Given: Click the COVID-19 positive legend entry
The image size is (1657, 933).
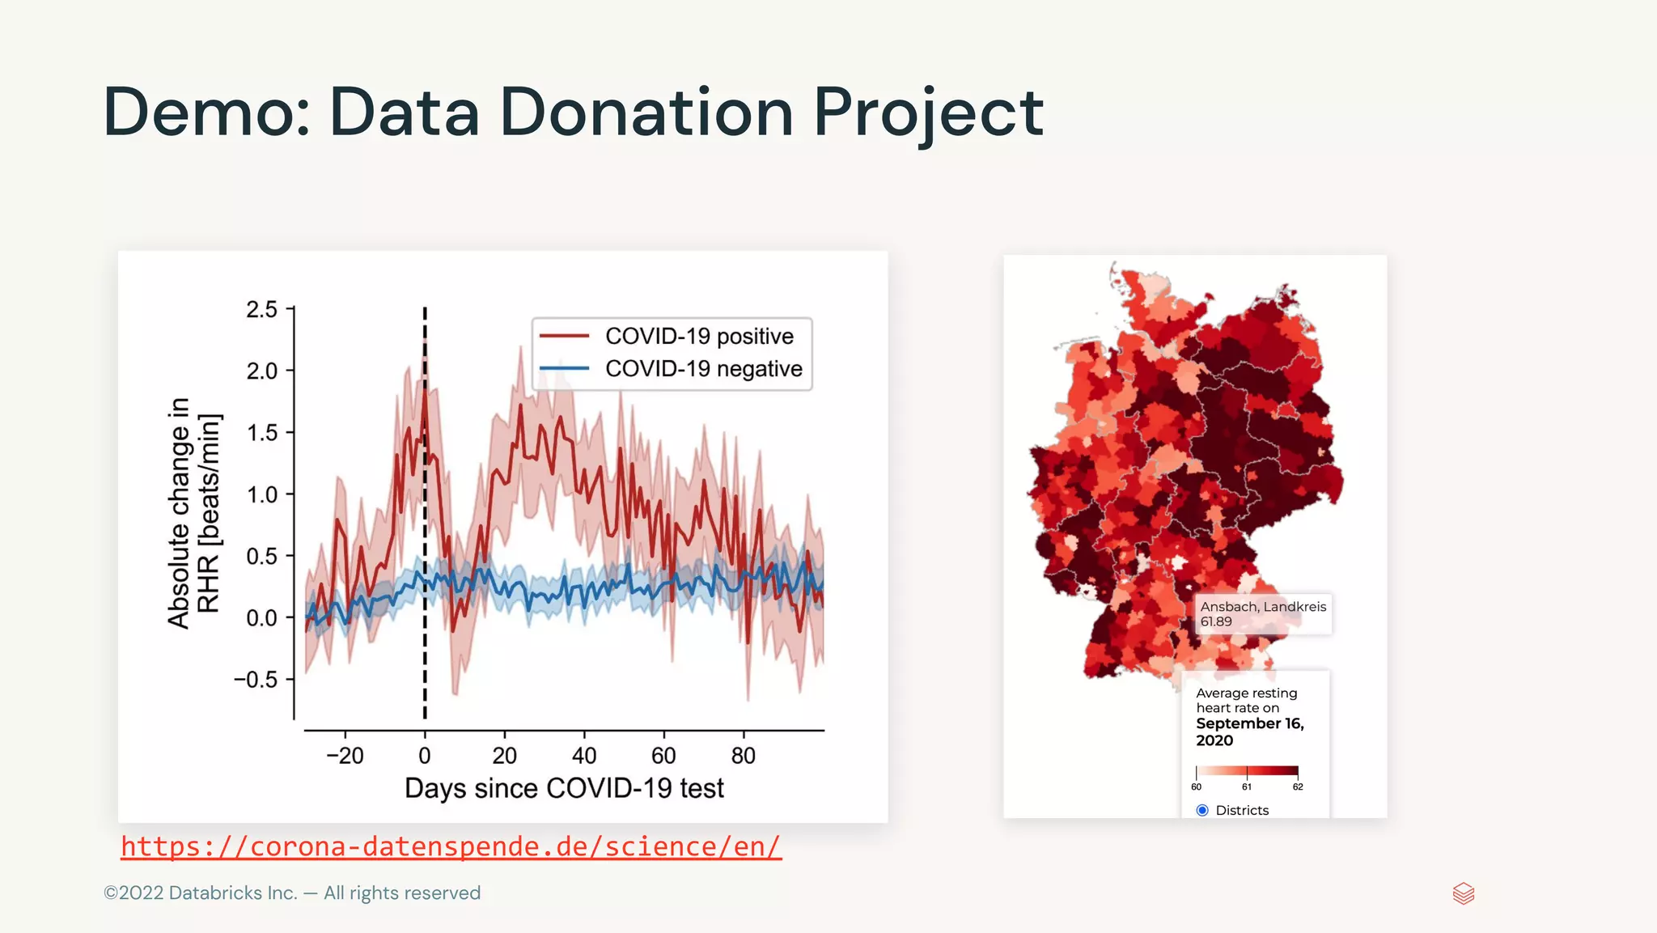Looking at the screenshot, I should pyautogui.click(x=698, y=336).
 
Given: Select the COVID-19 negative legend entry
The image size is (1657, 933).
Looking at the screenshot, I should pyautogui.click(x=703, y=369).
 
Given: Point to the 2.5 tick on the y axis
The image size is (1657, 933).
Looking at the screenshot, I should pyautogui.click(x=261, y=309).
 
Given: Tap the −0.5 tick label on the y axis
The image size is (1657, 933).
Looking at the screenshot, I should pyautogui.click(x=256, y=680).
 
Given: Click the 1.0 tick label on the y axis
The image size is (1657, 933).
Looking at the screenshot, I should pyautogui.click(x=261, y=494).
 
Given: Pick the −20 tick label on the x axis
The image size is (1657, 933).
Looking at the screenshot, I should pyautogui.click(x=345, y=756).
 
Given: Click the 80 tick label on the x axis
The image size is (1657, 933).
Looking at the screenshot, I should pyautogui.click(x=743, y=756).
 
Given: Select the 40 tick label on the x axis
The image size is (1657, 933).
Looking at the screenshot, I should pyautogui.click(x=584, y=756).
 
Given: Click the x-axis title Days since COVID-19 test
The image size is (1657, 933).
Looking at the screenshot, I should pyautogui.click(x=564, y=788).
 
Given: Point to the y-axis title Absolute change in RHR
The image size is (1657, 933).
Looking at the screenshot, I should pyautogui.click(x=193, y=513).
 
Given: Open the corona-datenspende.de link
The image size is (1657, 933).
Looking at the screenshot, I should pyautogui.click(x=451, y=846).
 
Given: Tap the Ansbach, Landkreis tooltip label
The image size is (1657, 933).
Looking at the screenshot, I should pyautogui.click(x=1263, y=607).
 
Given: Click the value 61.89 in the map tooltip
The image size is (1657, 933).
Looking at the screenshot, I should pyautogui.click(x=1216, y=621).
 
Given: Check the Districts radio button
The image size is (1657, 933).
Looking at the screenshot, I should pyautogui.click(x=1202, y=810).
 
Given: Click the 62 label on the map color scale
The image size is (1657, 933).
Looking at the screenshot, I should pyautogui.click(x=1298, y=787).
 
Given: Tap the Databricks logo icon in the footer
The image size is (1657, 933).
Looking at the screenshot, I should pyautogui.click(x=1464, y=893).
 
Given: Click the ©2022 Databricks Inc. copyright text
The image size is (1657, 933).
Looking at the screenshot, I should pyautogui.click(x=291, y=893).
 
